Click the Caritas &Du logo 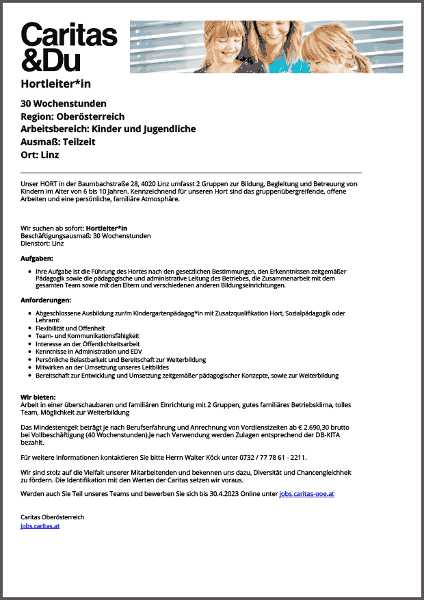(x=69, y=46)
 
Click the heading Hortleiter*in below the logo (x=56, y=84)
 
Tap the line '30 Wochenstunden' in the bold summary (x=64, y=104)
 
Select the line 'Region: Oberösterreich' (x=72, y=116)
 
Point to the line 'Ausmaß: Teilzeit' (x=58, y=142)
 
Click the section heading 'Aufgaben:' (x=37, y=258)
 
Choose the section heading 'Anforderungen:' (x=46, y=300)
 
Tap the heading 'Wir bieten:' (x=38, y=397)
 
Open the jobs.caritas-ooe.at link (x=306, y=493)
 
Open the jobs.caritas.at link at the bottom (x=40, y=526)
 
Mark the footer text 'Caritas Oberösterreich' (x=53, y=517)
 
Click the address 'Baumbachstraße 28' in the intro (x=105, y=184)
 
